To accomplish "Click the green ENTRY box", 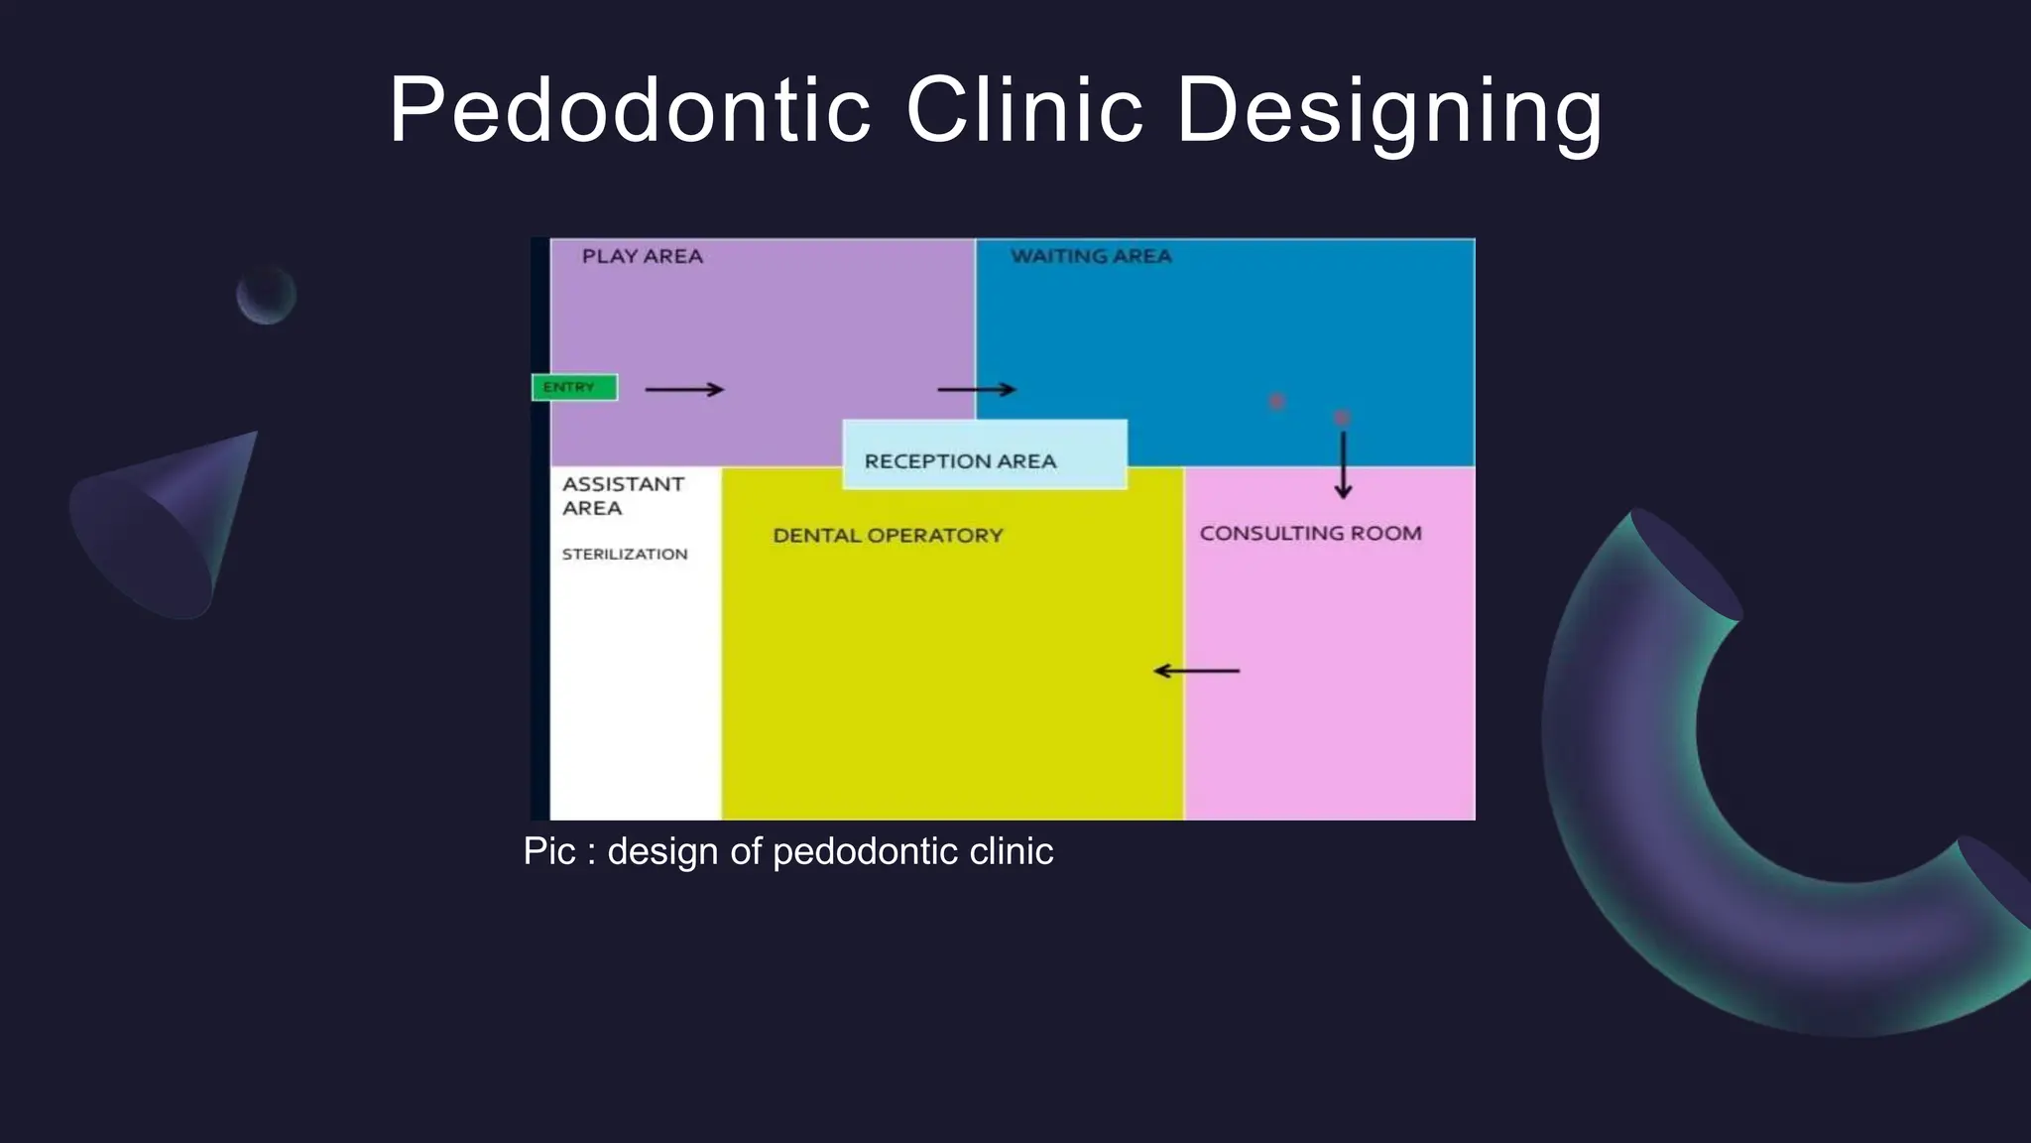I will (574, 387).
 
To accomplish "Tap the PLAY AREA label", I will (642, 256).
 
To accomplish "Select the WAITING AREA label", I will (1091, 256).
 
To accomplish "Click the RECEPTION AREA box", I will (984, 454).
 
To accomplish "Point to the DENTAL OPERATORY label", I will (888, 536).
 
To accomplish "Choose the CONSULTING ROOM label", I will (1310, 533).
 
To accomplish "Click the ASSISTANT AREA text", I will (622, 496).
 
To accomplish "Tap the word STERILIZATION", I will (625, 554).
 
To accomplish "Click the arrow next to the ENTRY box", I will (684, 389).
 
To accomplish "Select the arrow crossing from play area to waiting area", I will (977, 389).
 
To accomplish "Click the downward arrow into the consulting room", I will (1343, 464).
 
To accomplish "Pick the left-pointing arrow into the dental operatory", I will (1196, 671).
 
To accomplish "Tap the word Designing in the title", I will (1388, 111).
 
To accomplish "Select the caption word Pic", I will (548, 851).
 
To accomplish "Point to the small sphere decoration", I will (266, 295).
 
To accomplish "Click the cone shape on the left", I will (169, 526).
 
